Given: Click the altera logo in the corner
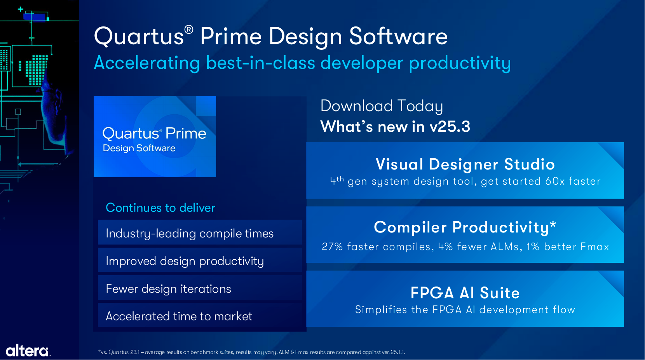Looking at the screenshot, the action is [28, 351].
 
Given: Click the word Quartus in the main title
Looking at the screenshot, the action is [139, 37].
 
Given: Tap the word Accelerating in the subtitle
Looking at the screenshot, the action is [147, 63].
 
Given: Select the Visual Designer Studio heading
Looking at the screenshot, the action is [465, 164].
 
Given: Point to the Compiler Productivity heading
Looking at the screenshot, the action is [465, 227].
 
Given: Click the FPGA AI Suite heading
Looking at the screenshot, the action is [465, 293].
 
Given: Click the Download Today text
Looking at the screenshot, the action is [382, 106].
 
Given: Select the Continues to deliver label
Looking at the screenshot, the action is [160, 208].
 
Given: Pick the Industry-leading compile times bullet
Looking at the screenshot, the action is [190, 233].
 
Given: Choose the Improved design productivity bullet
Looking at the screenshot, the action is [185, 261].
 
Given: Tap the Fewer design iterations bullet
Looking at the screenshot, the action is [169, 288].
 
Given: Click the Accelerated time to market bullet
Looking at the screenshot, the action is [179, 316].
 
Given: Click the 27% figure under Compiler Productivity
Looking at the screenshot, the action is [332, 246].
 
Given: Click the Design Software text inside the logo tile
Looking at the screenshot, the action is [139, 148].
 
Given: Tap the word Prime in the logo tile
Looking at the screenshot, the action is [186, 133].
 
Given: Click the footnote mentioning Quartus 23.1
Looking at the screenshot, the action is [252, 352].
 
